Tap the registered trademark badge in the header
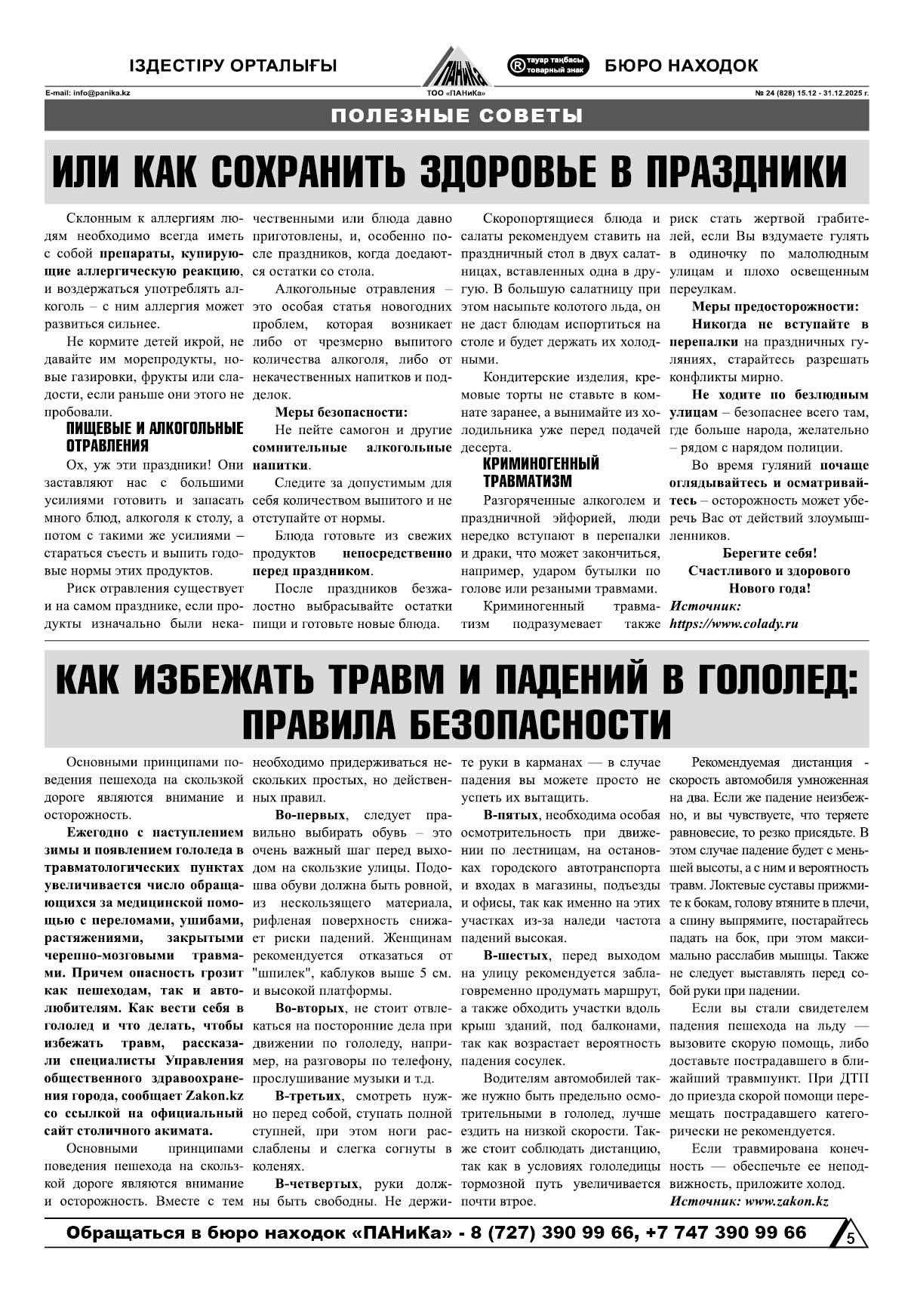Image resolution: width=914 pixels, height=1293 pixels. [x=548, y=66]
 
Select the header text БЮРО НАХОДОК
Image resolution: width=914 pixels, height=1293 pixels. [x=681, y=66]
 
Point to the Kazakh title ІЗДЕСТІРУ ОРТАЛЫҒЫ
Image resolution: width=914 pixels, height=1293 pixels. [x=232, y=66]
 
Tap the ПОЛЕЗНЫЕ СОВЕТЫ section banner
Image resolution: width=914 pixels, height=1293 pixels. [x=457, y=115]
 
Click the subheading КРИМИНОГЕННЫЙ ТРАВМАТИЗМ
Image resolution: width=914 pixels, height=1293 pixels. [x=540, y=472]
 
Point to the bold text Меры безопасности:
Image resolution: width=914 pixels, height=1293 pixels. [x=341, y=412]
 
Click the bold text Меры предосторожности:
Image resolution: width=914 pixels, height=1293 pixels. [x=775, y=306]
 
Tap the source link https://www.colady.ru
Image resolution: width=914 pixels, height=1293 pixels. [x=734, y=624]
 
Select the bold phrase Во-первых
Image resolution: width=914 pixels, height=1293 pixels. [x=310, y=815]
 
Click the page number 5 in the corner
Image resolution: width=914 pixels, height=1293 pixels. [x=851, y=1238]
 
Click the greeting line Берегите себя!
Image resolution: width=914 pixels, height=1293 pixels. [x=769, y=553]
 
